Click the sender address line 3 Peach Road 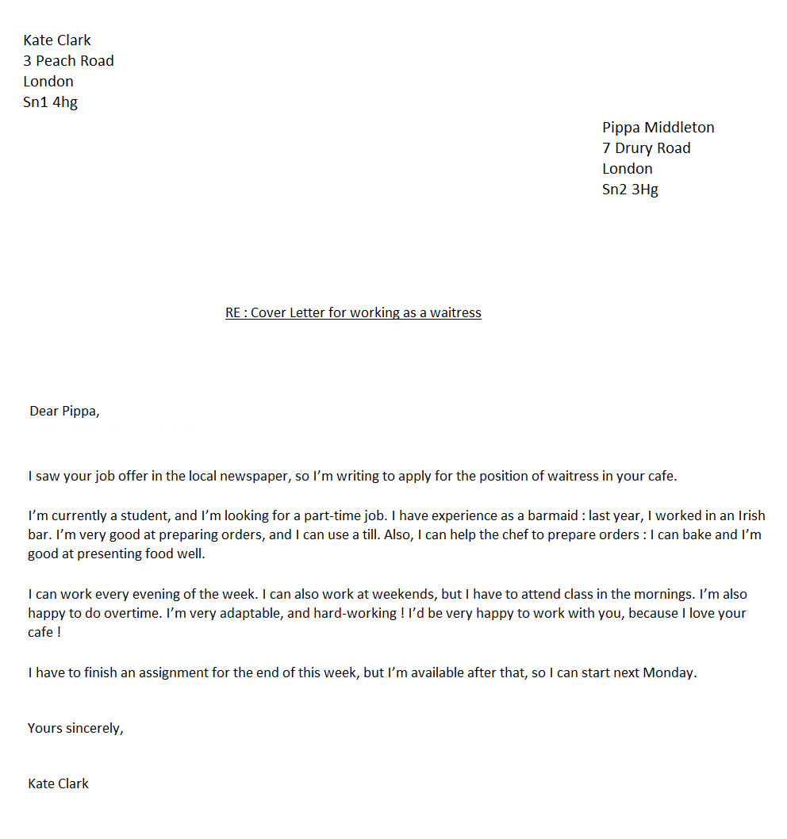(x=68, y=61)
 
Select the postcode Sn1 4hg (x=50, y=102)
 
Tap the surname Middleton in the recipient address (x=679, y=128)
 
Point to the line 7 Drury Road (x=646, y=148)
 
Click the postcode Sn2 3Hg (x=630, y=190)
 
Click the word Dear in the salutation (x=44, y=411)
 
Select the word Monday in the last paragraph (x=669, y=673)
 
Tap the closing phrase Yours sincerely (x=75, y=728)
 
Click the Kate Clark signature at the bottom (x=58, y=783)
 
